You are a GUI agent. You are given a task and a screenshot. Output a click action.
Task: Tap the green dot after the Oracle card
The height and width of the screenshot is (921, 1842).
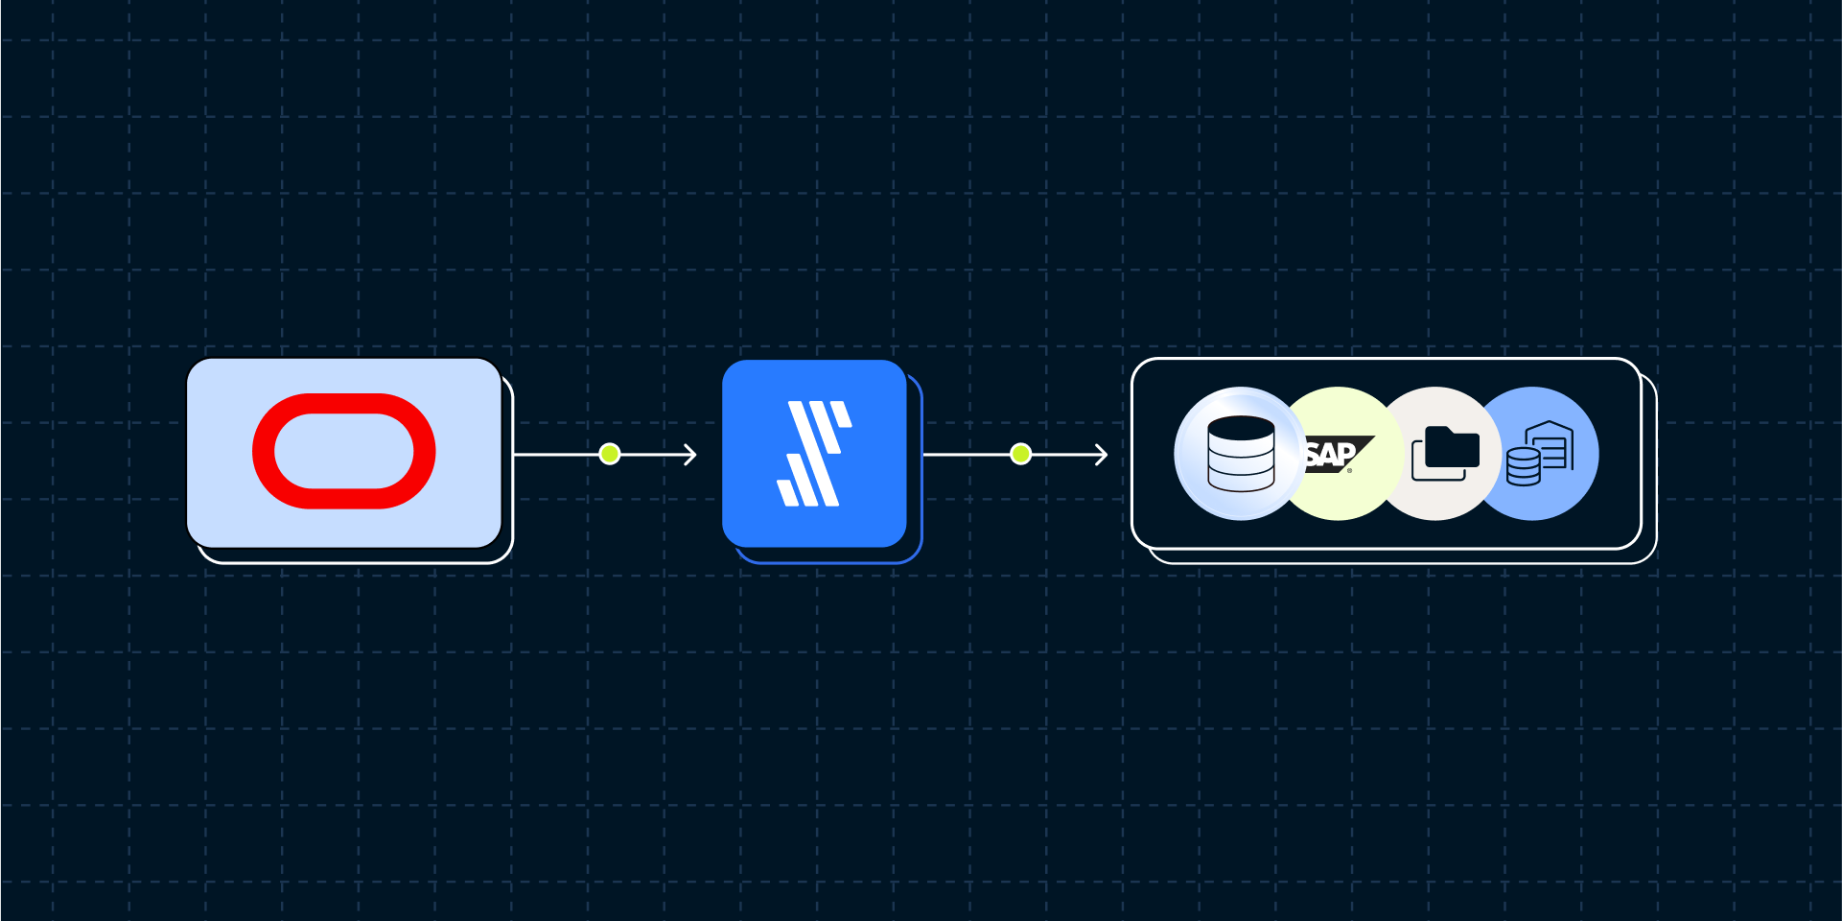pyautogui.click(x=610, y=454)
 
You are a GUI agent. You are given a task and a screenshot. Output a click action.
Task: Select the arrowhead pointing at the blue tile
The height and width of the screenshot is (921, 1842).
pyautogui.click(x=690, y=454)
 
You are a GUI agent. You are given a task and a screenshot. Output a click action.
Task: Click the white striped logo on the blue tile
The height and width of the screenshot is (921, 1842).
pyautogui.click(x=814, y=454)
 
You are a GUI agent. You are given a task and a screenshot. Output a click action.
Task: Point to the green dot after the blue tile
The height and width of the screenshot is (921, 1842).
pyautogui.click(x=1021, y=454)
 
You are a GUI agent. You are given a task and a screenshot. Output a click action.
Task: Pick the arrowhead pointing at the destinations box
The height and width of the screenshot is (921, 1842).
pyautogui.click(x=1102, y=454)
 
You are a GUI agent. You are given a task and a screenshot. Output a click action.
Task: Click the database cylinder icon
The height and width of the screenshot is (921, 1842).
pyautogui.click(x=1241, y=454)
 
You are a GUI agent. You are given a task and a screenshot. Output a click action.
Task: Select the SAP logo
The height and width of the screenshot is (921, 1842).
pyautogui.click(x=1339, y=454)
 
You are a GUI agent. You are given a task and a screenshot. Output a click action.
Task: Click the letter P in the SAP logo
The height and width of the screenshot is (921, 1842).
pyautogui.click(x=1345, y=454)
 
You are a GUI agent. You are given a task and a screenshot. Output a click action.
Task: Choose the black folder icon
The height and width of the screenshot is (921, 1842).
pyautogui.click(x=1452, y=447)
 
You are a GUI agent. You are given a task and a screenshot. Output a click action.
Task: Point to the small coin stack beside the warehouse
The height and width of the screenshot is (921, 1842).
pyautogui.click(x=1523, y=467)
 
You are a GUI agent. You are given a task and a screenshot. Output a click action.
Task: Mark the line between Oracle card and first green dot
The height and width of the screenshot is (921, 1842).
pyautogui.click(x=557, y=454)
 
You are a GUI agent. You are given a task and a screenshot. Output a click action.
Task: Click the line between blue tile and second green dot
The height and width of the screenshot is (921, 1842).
pyautogui.click(x=967, y=454)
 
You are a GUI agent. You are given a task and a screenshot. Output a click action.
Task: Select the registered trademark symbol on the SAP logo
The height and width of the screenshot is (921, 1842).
pyautogui.click(x=1350, y=470)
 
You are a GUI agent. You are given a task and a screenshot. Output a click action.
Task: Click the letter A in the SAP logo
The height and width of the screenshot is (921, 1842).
pyautogui.click(x=1327, y=455)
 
